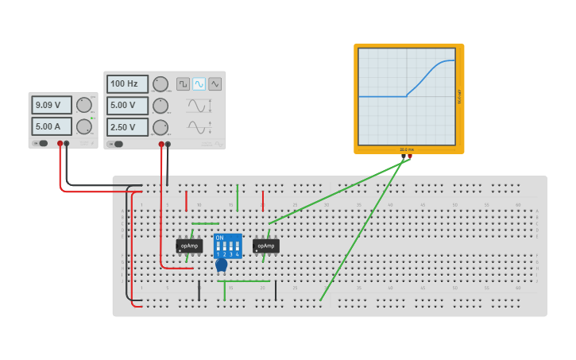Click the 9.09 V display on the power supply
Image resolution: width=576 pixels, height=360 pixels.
click(x=52, y=105)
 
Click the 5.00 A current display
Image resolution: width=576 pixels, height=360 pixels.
click(x=52, y=126)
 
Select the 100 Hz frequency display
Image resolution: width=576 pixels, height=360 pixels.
click(x=127, y=83)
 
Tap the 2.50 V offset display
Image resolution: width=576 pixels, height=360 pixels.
click(x=127, y=127)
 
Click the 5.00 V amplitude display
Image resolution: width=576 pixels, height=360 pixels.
click(x=127, y=105)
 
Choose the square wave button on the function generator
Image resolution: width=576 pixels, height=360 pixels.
click(x=183, y=83)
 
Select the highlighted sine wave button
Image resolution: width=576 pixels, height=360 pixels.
click(x=199, y=83)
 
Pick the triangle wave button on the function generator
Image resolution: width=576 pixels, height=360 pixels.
click(x=215, y=83)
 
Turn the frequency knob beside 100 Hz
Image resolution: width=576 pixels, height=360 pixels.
click(x=160, y=84)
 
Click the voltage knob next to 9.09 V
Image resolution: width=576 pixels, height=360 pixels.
click(x=84, y=105)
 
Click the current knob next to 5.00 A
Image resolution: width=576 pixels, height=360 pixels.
click(x=84, y=126)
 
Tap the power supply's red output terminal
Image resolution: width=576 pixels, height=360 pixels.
click(x=59, y=144)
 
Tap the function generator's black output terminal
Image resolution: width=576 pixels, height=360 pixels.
click(x=167, y=145)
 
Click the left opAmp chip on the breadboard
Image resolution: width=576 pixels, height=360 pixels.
click(x=189, y=246)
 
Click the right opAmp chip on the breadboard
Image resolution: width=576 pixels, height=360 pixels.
click(x=266, y=246)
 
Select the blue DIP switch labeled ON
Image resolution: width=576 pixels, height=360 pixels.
click(x=228, y=245)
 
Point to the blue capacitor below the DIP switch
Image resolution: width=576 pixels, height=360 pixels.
click(x=221, y=265)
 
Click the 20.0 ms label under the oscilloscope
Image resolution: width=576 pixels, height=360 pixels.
click(x=407, y=149)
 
